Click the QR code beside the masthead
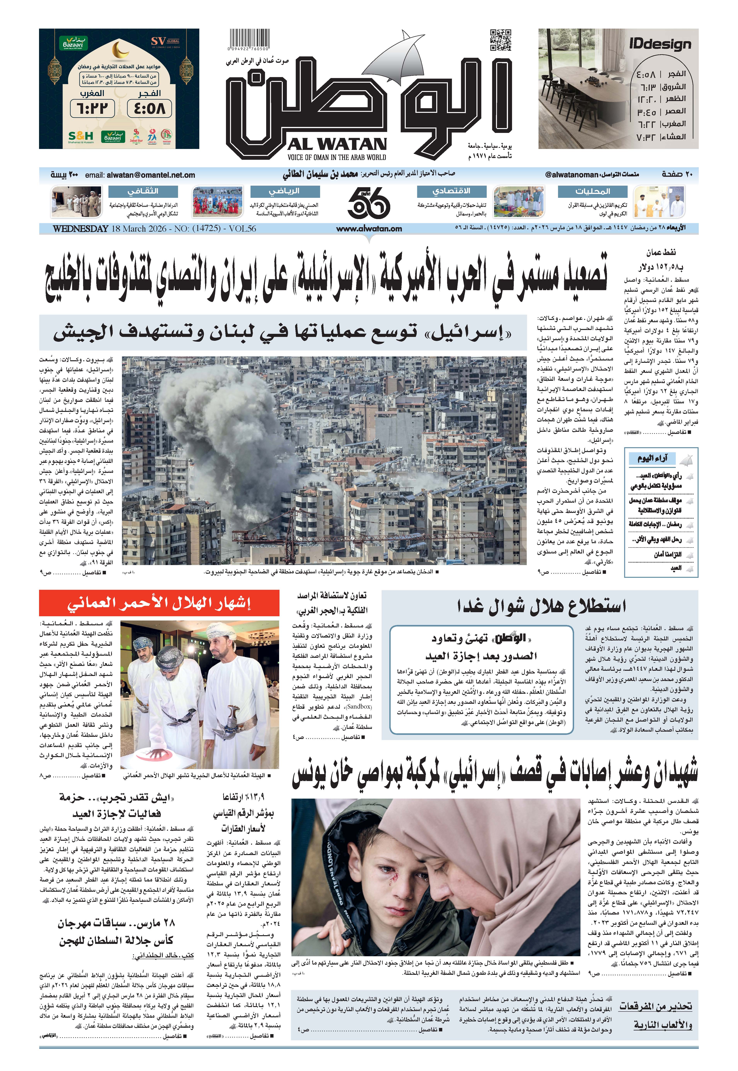point(501,40)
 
